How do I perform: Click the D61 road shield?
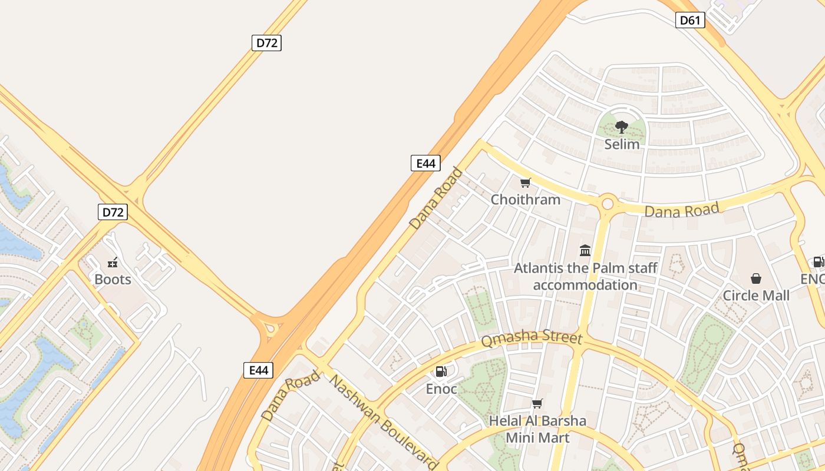pyautogui.click(x=690, y=21)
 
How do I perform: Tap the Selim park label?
pyautogui.click(x=622, y=144)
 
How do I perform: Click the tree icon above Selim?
pyautogui.click(x=621, y=127)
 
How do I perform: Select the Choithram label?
pyautogui.click(x=526, y=200)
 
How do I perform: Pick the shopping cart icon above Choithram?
pyautogui.click(x=526, y=183)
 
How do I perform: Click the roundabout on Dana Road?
pyautogui.click(x=608, y=204)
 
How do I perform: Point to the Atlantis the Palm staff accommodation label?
pyautogui.click(x=585, y=277)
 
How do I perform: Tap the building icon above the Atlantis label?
pyautogui.click(x=585, y=251)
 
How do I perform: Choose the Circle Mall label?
pyautogui.click(x=756, y=296)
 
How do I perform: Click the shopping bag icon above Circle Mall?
pyautogui.click(x=756, y=278)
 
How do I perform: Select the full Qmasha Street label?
pyautogui.click(x=532, y=339)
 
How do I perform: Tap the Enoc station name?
pyautogui.click(x=441, y=389)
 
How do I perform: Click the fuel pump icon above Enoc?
pyautogui.click(x=441, y=372)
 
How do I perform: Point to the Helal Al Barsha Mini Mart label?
pyautogui.click(x=537, y=429)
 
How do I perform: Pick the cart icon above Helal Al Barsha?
pyautogui.click(x=537, y=403)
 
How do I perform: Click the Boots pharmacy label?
pyautogui.click(x=113, y=279)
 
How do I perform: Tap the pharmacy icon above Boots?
pyautogui.click(x=113, y=263)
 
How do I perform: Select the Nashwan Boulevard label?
pyautogui.click(x=383, y=422)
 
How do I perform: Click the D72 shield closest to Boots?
pyautogui.click(x=113, y=212)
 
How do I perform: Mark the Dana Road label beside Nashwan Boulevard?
pyautogui.click(x=291, y=395)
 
